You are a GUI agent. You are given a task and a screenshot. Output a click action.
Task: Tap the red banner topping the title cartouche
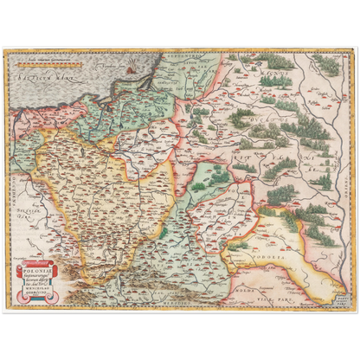tap(41, 261)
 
